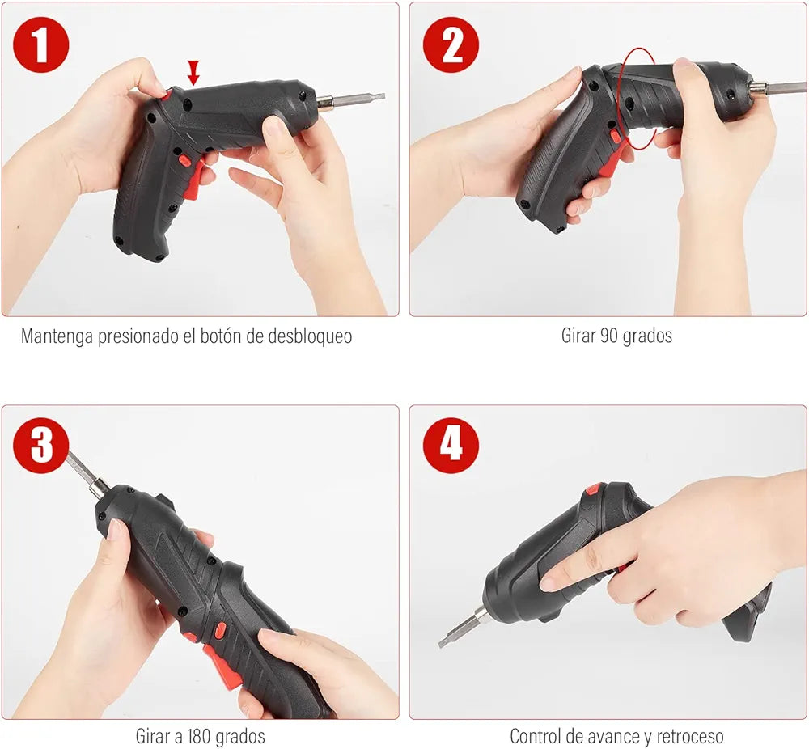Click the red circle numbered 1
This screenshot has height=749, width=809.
[40, 44]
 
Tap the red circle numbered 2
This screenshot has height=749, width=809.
[451, 44]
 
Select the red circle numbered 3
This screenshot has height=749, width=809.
[40, 445]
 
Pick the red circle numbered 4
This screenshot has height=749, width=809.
[451, 445]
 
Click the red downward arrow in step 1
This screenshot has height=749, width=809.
[193, 73]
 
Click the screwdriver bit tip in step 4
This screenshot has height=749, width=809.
[443, 642]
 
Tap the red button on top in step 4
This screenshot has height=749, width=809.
[591, 489]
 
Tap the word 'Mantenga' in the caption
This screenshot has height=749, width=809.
[57, 336]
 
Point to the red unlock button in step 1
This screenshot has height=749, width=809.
[166, 95]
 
